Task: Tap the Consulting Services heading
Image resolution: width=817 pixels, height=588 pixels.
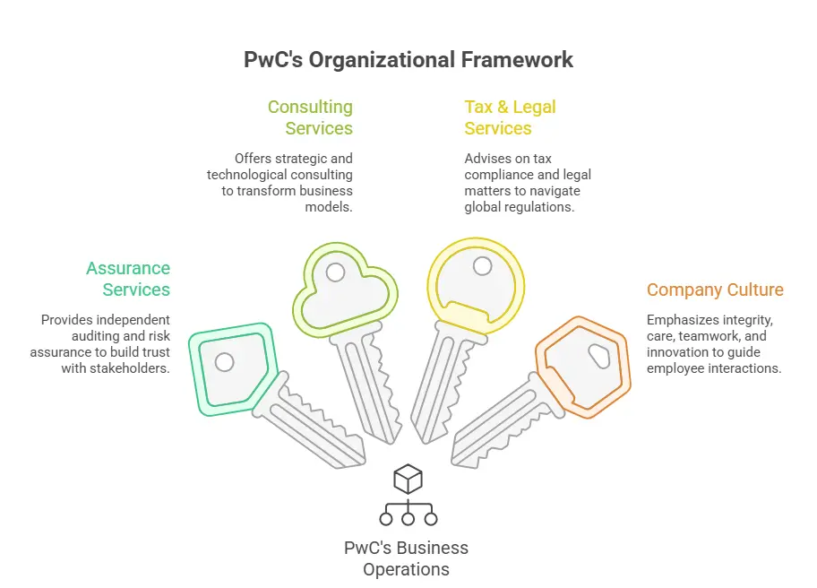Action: (310, 117)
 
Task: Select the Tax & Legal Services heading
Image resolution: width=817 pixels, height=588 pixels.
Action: (510, 117)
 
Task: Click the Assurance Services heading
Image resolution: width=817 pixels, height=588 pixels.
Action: (128, 279)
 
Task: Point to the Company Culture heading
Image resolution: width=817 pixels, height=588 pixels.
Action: (715, 290)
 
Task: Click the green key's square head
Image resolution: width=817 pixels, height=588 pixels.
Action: (229, 368)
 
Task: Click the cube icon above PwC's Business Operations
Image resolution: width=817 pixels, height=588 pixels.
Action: (408, 479)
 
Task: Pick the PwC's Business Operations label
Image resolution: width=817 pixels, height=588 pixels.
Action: (407, 558)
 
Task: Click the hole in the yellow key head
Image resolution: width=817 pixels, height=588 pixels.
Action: (482, 266)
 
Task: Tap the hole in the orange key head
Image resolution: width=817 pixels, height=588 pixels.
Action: (598, 356)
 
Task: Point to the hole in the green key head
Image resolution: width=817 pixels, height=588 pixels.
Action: (225, 362)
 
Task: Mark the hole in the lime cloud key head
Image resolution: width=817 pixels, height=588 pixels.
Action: (336, 272)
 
